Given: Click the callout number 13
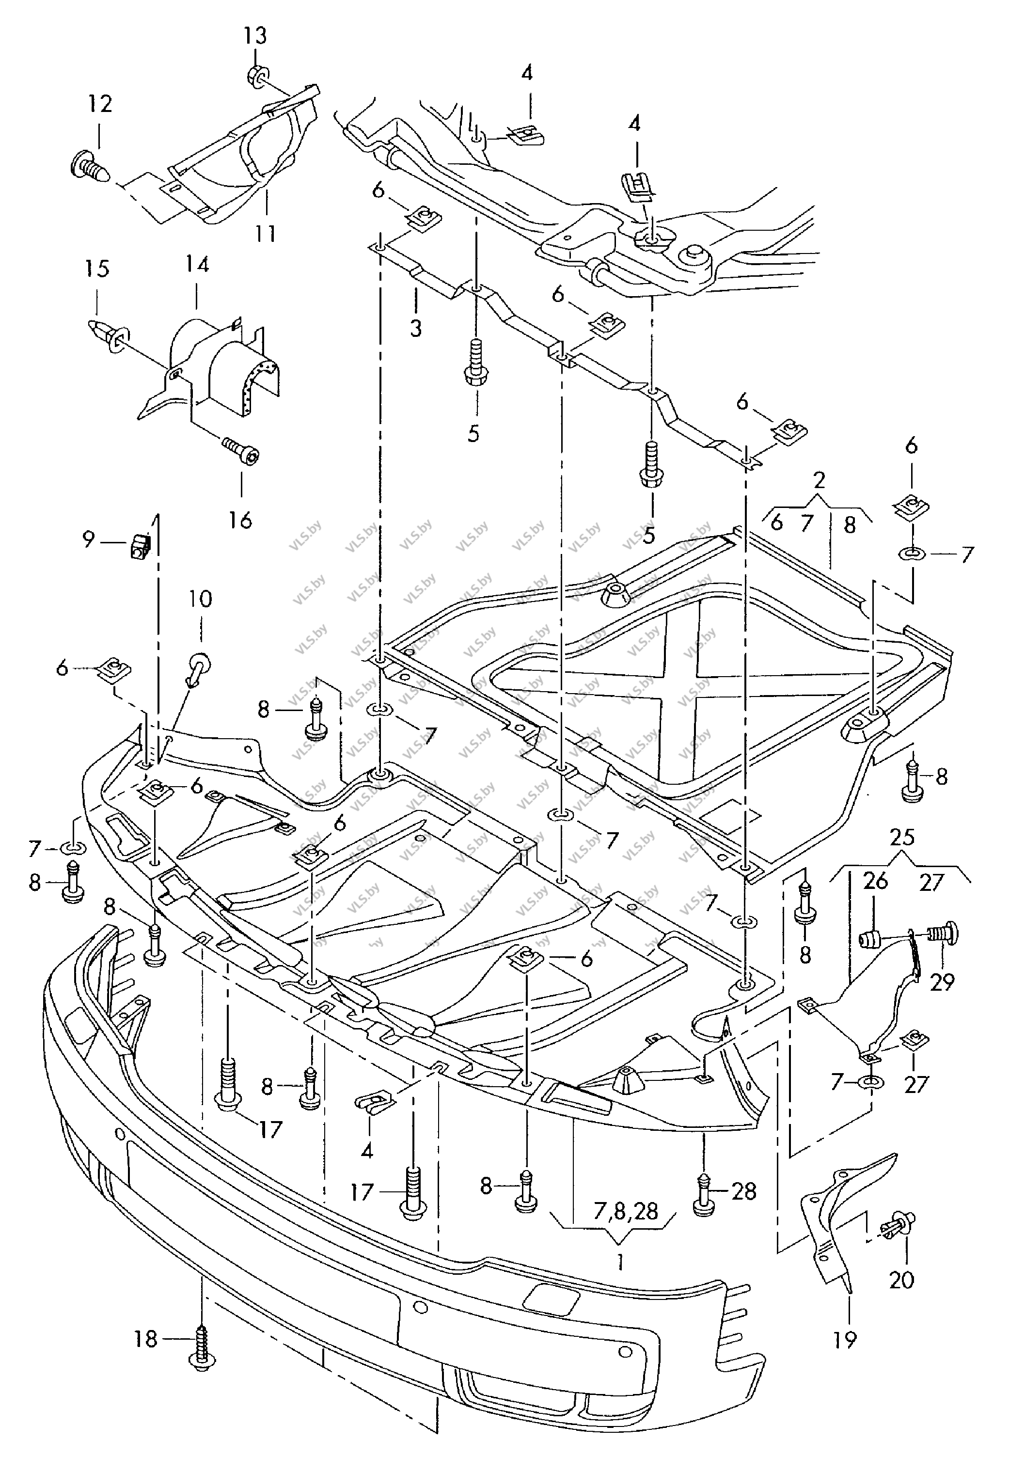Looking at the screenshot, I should click(x=255, y=36).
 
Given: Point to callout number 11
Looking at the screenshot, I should click(x=266, y=234).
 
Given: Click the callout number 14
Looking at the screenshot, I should click(x=197, y=264).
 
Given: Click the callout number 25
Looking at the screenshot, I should click(x=902, y=838).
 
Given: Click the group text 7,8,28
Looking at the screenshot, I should click(x=626, y=1210).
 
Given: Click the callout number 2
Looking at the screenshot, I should click(x=820, y=480).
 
